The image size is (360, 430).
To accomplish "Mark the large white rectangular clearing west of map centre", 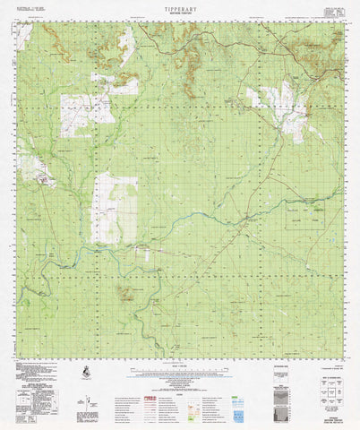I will (115, 208).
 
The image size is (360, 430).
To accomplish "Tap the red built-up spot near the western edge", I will (39, 178).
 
